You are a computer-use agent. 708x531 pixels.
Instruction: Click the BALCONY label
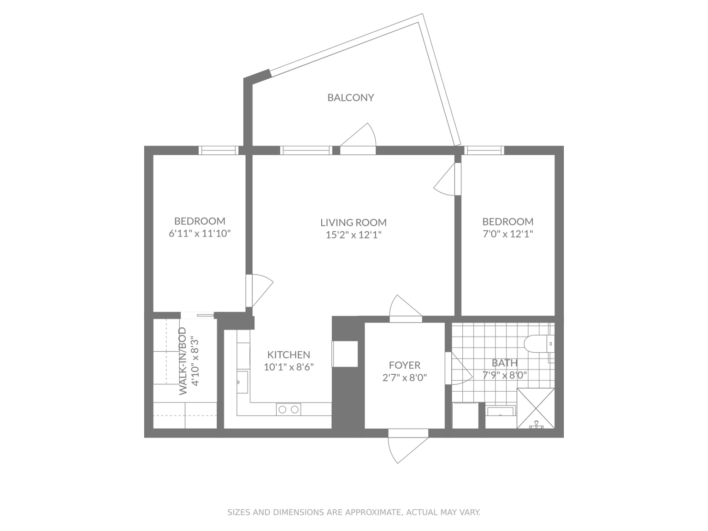click(x=350, y=97)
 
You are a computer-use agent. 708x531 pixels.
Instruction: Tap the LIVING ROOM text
click(x=353, y=223)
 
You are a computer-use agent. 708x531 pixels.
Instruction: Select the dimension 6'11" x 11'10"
click(x=200, y=233)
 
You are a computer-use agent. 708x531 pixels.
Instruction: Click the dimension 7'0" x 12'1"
click(x=507, y=234)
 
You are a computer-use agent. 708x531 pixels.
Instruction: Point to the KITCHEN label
click(x=289, y=354)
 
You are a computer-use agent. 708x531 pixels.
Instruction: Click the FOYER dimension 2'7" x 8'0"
click(x=404, y=378)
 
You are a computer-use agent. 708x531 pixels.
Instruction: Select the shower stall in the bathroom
click(x=536, y=408)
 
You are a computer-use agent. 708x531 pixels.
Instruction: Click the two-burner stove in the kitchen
click(x=289, y=409)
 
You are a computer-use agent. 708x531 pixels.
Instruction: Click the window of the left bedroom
click(x=218, y=150)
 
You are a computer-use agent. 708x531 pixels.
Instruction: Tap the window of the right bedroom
click(x=484, y=150)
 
